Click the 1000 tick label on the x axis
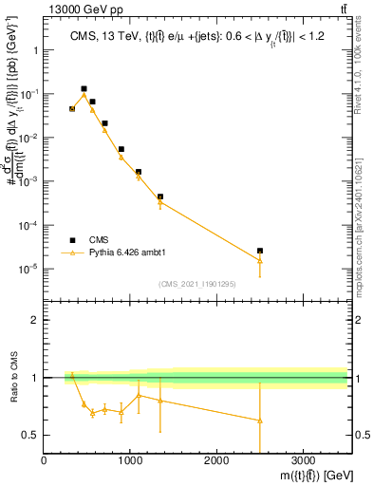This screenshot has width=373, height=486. [x=130, y=460]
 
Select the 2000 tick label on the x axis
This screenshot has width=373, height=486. [x=216, y=460]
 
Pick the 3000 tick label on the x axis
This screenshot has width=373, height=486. [x=303, y=460]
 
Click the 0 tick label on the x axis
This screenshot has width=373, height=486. [x=45, y=460]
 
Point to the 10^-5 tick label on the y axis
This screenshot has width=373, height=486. [x=27, y=269]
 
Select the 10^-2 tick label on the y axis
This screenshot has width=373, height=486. [x=27, y=139]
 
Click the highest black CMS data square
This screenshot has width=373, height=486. [x=84, y=88]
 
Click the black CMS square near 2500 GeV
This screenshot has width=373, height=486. [x=260, y=251]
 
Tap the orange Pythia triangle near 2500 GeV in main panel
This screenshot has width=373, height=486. [x=260, y=260]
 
